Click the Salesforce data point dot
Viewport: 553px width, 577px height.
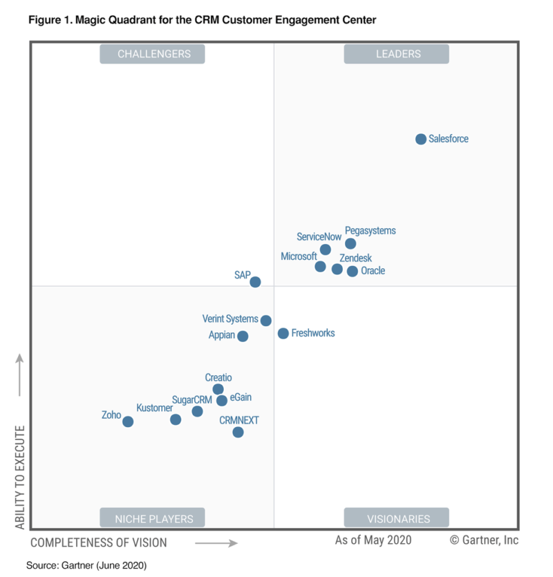click(421, 139)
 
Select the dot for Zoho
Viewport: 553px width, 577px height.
click(128, 422)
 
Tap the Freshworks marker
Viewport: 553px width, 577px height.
click(283, 333)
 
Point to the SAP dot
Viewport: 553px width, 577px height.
click(255, 282)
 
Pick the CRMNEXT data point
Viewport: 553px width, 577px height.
click(238, 432)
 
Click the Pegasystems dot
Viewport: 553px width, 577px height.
click(350, 243)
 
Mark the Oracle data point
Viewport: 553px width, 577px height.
click(353, 272)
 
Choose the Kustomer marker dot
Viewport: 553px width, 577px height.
click(176, 419)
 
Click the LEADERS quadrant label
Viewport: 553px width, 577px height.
click(397, 54)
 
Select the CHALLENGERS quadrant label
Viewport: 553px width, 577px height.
click(153, 54)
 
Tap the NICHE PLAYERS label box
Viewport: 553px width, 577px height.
click(153, 518)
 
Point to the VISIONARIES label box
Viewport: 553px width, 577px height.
click(397, 518)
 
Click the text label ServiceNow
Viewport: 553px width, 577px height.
click(319, 236)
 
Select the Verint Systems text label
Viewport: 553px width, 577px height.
click(229, 319)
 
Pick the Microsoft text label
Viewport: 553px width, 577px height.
click(299, 256)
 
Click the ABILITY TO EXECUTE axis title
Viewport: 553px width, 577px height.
click(19, 477)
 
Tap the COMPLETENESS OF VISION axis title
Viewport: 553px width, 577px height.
click(99, 542)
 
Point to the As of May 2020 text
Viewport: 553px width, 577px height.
click(373, 540)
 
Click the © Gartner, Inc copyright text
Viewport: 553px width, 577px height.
click(484, 540)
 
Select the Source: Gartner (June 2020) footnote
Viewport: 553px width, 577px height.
click(86, 565)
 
